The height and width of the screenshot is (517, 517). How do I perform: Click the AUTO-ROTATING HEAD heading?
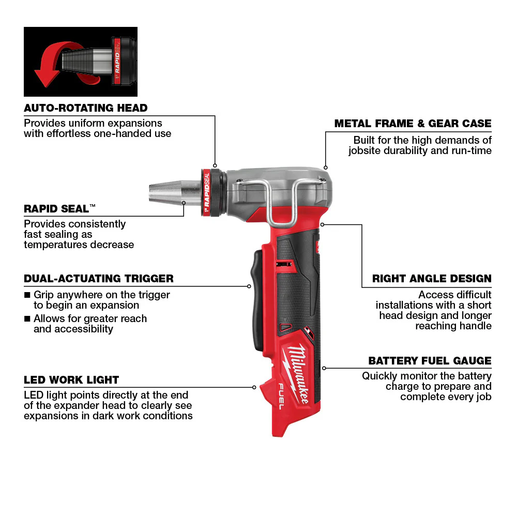tap(86, 108)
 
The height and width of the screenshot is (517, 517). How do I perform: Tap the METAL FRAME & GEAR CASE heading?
tap(413, 124)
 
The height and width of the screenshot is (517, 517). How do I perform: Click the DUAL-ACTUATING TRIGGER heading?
tap(99, 279)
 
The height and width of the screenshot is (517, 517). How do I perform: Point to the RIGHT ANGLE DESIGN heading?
tap(432, 279)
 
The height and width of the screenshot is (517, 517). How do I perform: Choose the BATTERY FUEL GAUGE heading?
tap(430, 361)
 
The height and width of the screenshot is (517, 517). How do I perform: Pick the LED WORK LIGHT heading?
tap(71, 380)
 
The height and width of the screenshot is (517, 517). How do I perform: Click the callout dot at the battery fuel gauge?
tap(324, 368)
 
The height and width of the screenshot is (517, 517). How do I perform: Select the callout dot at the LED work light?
tap(254, 387)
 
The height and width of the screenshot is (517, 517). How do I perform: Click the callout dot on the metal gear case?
tap(325, 168)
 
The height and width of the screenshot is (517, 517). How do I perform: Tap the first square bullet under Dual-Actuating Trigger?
tap(27, 295)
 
